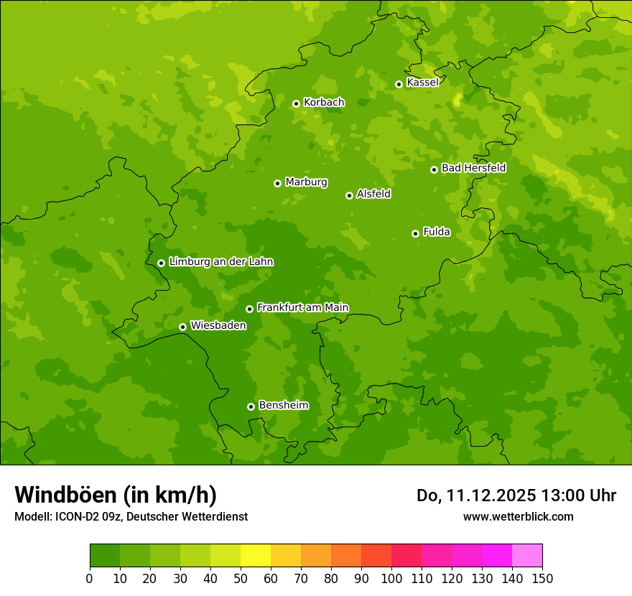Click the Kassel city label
pos(422,83)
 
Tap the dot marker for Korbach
pos(296,103)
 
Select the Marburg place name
pos(306,182)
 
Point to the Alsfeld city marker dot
pos(349,195)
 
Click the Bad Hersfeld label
pos(473,168)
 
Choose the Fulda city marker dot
pos(415,233)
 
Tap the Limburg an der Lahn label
pos(220,262)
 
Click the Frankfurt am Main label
pos(302,307)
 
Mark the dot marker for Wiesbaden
pos(182,327)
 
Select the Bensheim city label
pos(283,405)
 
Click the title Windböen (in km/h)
pos(116,495)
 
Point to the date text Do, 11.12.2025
pos(476,495)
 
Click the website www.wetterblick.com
pos(518,516)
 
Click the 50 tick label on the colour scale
pos(241,578)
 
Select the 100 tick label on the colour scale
pos(391,578)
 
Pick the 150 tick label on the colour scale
pos(542,578)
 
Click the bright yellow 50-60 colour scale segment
pos(256,556)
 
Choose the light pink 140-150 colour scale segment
pos(527,556)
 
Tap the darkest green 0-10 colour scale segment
pos(105,556)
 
